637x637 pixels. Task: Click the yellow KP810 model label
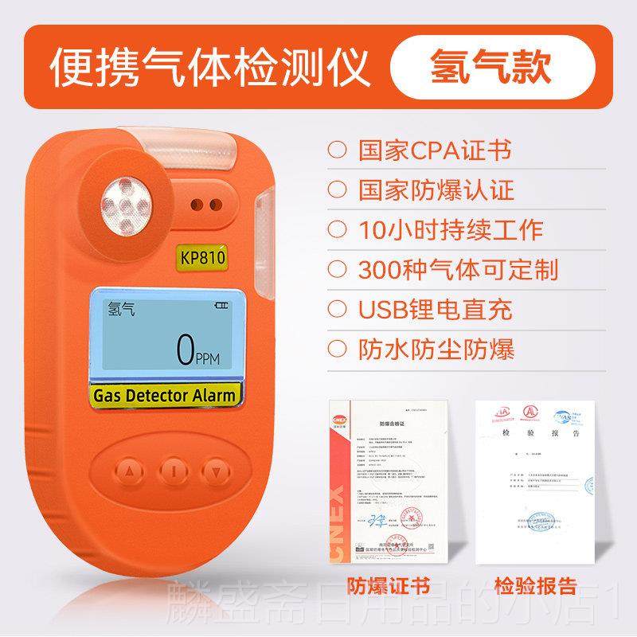(x=202, y=260)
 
